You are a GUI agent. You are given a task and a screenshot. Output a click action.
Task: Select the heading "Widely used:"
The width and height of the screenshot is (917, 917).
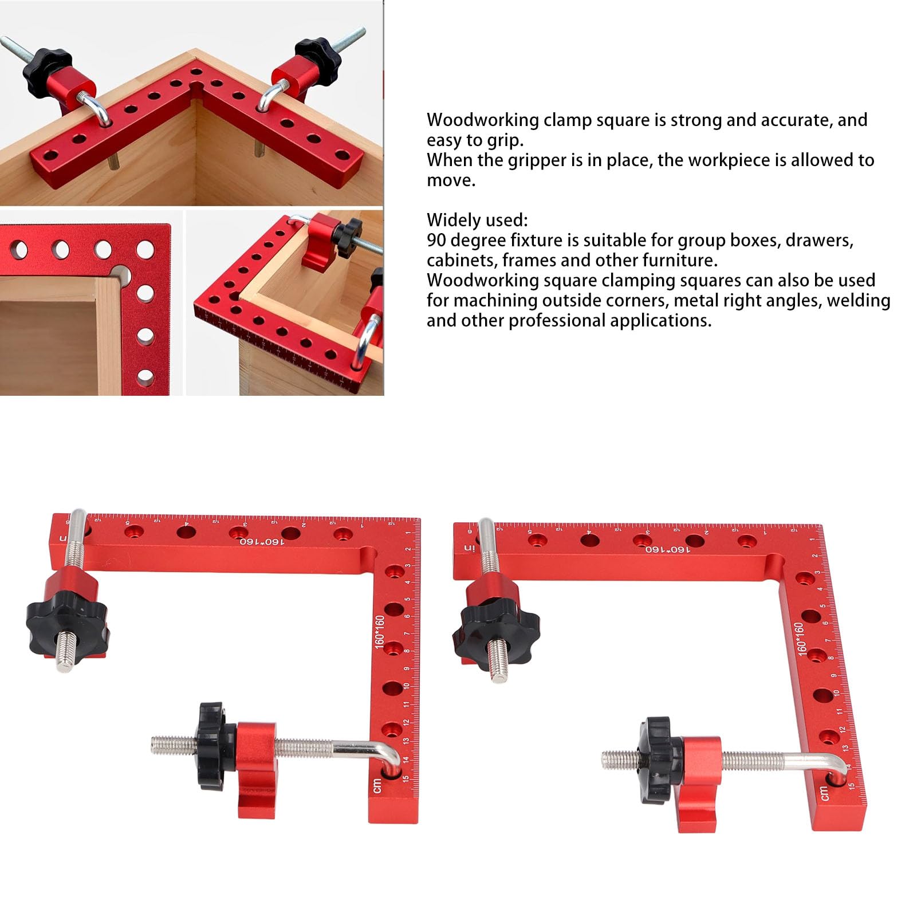point(477,221)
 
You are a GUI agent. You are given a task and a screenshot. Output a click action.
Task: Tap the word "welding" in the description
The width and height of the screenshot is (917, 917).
point(859,300)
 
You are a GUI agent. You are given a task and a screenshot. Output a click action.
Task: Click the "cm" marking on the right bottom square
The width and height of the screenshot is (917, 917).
point(823,793)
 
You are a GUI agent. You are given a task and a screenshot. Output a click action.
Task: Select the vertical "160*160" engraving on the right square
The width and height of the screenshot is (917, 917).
point(800,639)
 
